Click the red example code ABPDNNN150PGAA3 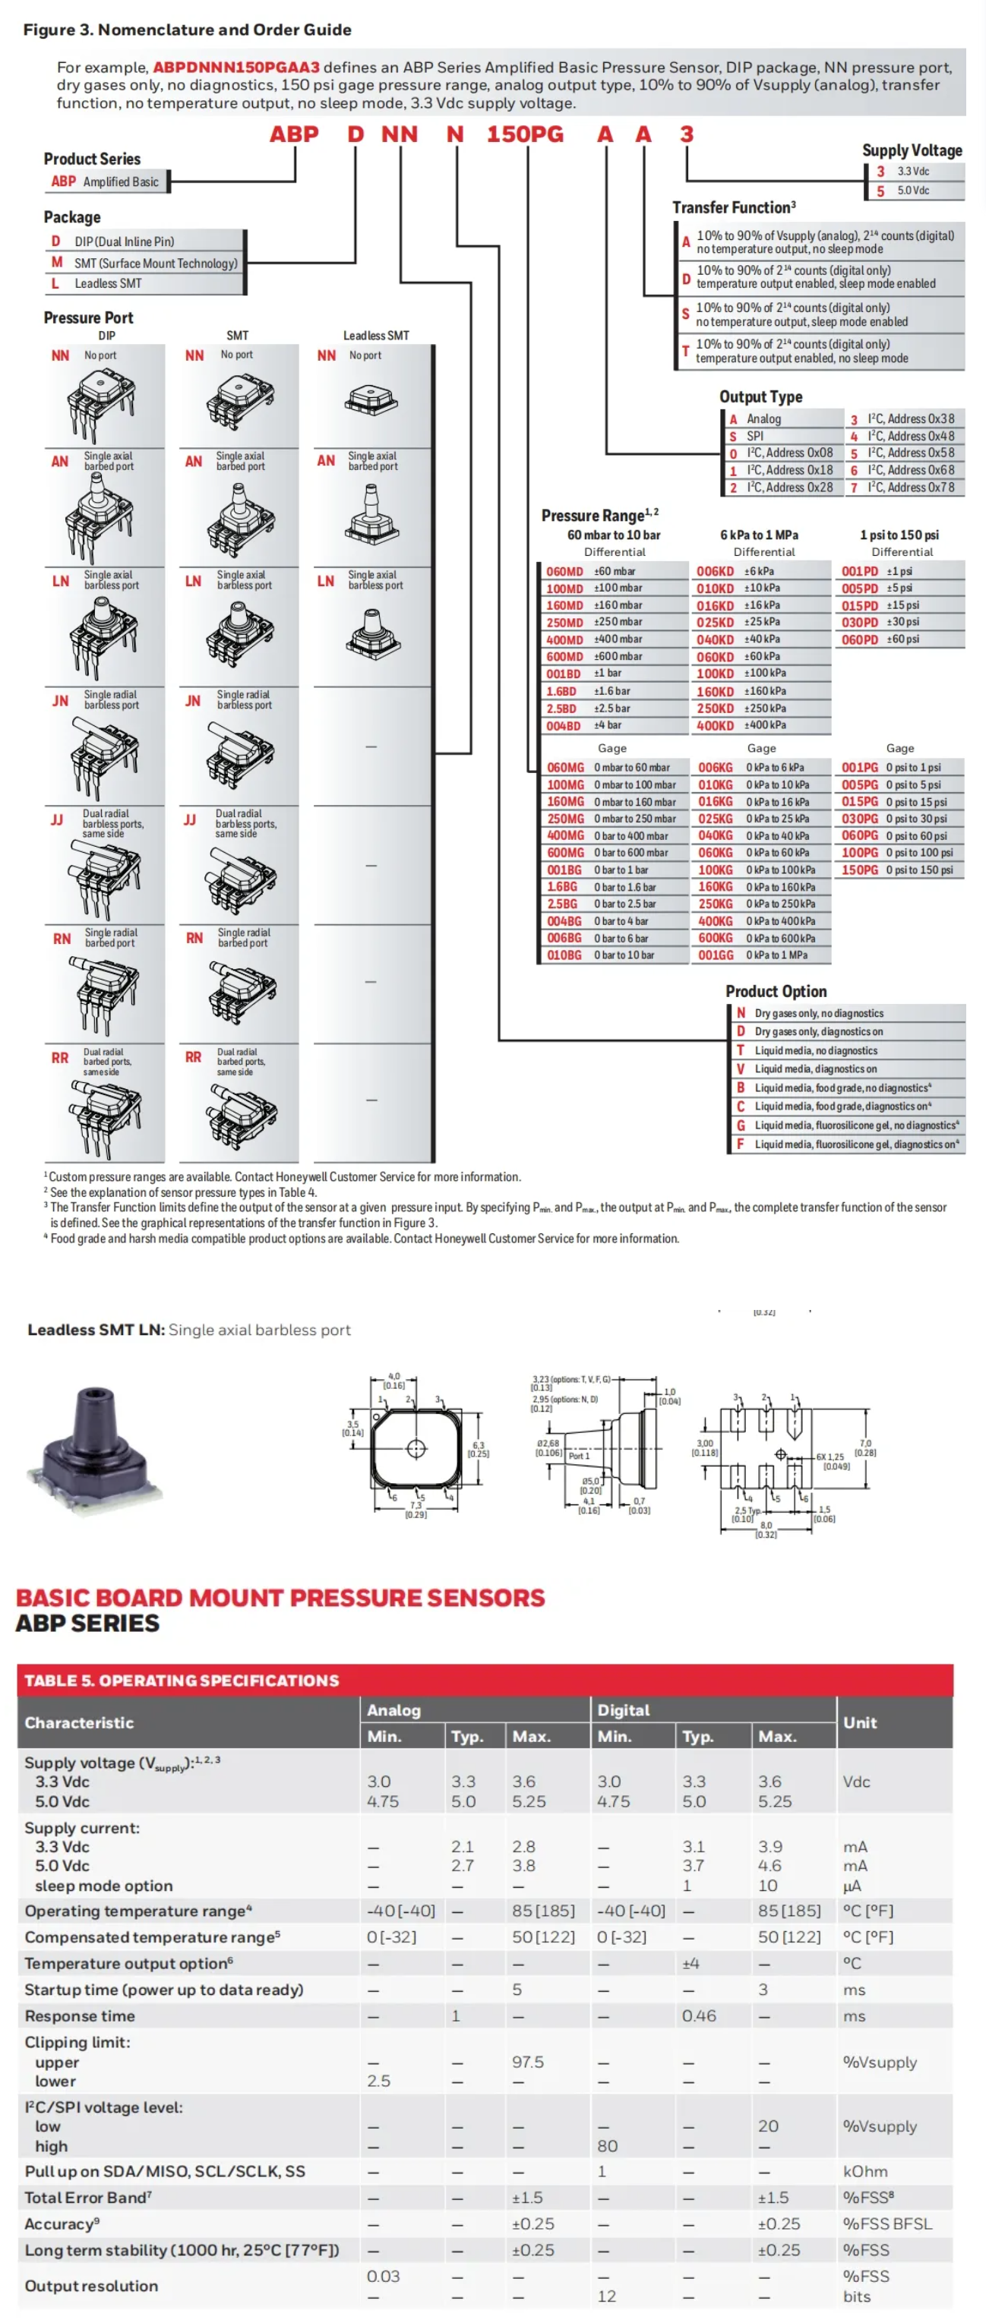coord(235,67)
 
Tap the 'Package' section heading coord(72,217)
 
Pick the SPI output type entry coord(754,436)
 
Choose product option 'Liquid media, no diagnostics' coord(814,1050)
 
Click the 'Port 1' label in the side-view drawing coord(578,1457)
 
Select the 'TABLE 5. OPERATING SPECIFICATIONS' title coord(182,1680)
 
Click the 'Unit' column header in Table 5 coord(859,1722)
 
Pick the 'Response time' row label coord(80,2015)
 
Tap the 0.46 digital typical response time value coord(698,2015)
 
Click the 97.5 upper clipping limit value coord(528,2062)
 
